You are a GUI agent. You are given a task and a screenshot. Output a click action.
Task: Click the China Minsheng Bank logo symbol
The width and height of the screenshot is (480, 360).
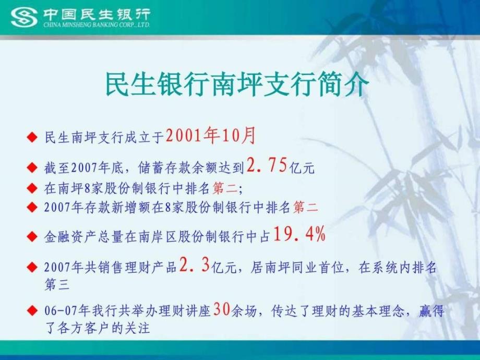click(24, 17)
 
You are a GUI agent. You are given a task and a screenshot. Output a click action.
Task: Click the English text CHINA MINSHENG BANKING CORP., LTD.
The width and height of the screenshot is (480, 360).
click(96, 25)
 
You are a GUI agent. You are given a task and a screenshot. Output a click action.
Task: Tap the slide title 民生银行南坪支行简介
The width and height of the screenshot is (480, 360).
click(237, 84)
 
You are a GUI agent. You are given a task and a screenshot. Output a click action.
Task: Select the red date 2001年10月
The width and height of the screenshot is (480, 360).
click(210, 136)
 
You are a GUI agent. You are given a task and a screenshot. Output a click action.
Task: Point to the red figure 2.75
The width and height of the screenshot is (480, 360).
click(267, 165)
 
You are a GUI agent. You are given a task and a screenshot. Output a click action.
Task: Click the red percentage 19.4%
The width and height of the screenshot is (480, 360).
click(299, 234)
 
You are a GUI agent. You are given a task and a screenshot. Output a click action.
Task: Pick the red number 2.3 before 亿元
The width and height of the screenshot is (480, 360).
click(195, 265)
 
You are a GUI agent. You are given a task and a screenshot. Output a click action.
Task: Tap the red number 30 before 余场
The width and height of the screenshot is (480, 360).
click(222, 309)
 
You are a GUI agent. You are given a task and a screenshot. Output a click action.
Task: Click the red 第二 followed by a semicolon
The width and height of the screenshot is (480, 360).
click(225, 188)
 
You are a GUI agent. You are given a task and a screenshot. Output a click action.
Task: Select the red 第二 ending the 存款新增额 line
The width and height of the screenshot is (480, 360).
click(306, 208)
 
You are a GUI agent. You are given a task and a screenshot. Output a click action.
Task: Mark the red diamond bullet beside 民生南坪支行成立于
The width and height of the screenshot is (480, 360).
click(32, 137)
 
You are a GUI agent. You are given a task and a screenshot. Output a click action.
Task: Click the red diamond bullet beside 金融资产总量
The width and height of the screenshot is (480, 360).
click(32, 236)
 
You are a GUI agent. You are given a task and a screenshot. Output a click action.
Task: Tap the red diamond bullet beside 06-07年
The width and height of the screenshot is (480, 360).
click(32, 311)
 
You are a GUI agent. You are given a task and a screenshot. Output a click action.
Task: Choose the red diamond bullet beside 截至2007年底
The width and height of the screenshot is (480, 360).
click(32, 167)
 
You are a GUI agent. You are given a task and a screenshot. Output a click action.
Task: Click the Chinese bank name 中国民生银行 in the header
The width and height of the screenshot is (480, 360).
click(97, 14)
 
